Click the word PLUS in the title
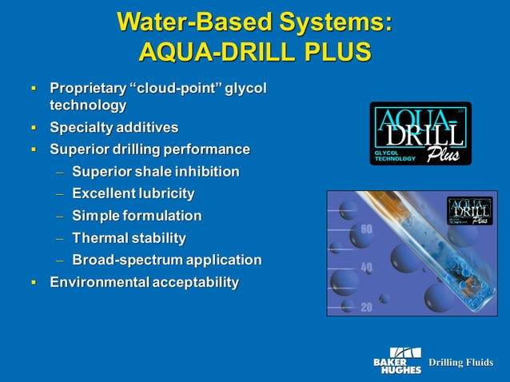[x=336, y=52]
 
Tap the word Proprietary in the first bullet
[x=87, y=87]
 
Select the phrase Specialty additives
[x=114, y=127]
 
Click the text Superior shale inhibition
[x=155, y=171]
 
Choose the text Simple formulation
[x=137, y=216]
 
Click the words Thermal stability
[x=129, y=238]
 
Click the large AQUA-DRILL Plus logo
[x=420, y=133]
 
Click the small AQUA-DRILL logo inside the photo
[x=469, y=211]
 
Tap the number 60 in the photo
[x=367, y=230]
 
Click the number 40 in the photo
[x=367, y=267]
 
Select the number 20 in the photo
[x=367, y=306]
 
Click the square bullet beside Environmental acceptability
[x=34, y=283]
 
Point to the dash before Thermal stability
[x=58, y=238]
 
